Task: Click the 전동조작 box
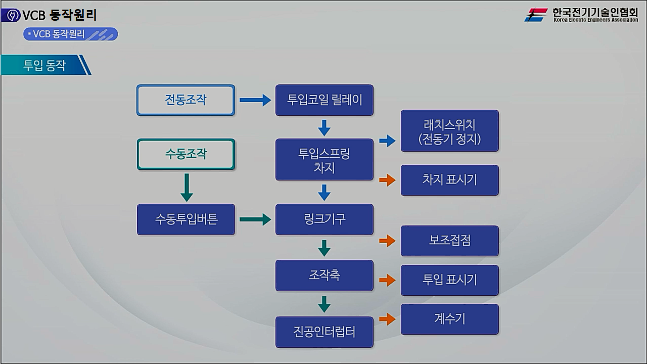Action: (x=186, y=100)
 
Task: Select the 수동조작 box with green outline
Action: (x=186, y=154)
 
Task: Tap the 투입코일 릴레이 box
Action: (x=324, y=100)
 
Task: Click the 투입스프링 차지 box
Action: (x=324, y=160)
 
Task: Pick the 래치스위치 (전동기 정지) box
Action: (x=449, y=131)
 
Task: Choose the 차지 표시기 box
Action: (x=449, y=180)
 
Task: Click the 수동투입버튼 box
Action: (x=186, y=219)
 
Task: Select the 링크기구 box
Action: (x=324, y=219)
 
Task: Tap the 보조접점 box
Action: (x=449, y=241)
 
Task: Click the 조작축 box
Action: (x=324, y=276)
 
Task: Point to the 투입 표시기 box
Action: (x=449, y=280)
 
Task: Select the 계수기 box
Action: (x=449, y=319)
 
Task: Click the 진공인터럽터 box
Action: (x=324, y=332)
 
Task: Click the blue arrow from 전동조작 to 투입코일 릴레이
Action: (x=255, y=100)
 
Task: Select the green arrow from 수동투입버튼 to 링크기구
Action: (x=255, y=219)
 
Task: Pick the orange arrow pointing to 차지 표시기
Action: (x=387, y=180)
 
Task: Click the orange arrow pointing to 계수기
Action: (x=387, y=319)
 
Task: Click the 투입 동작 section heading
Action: (x=44, y=65)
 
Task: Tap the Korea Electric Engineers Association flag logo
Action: (x=536, y=15)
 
